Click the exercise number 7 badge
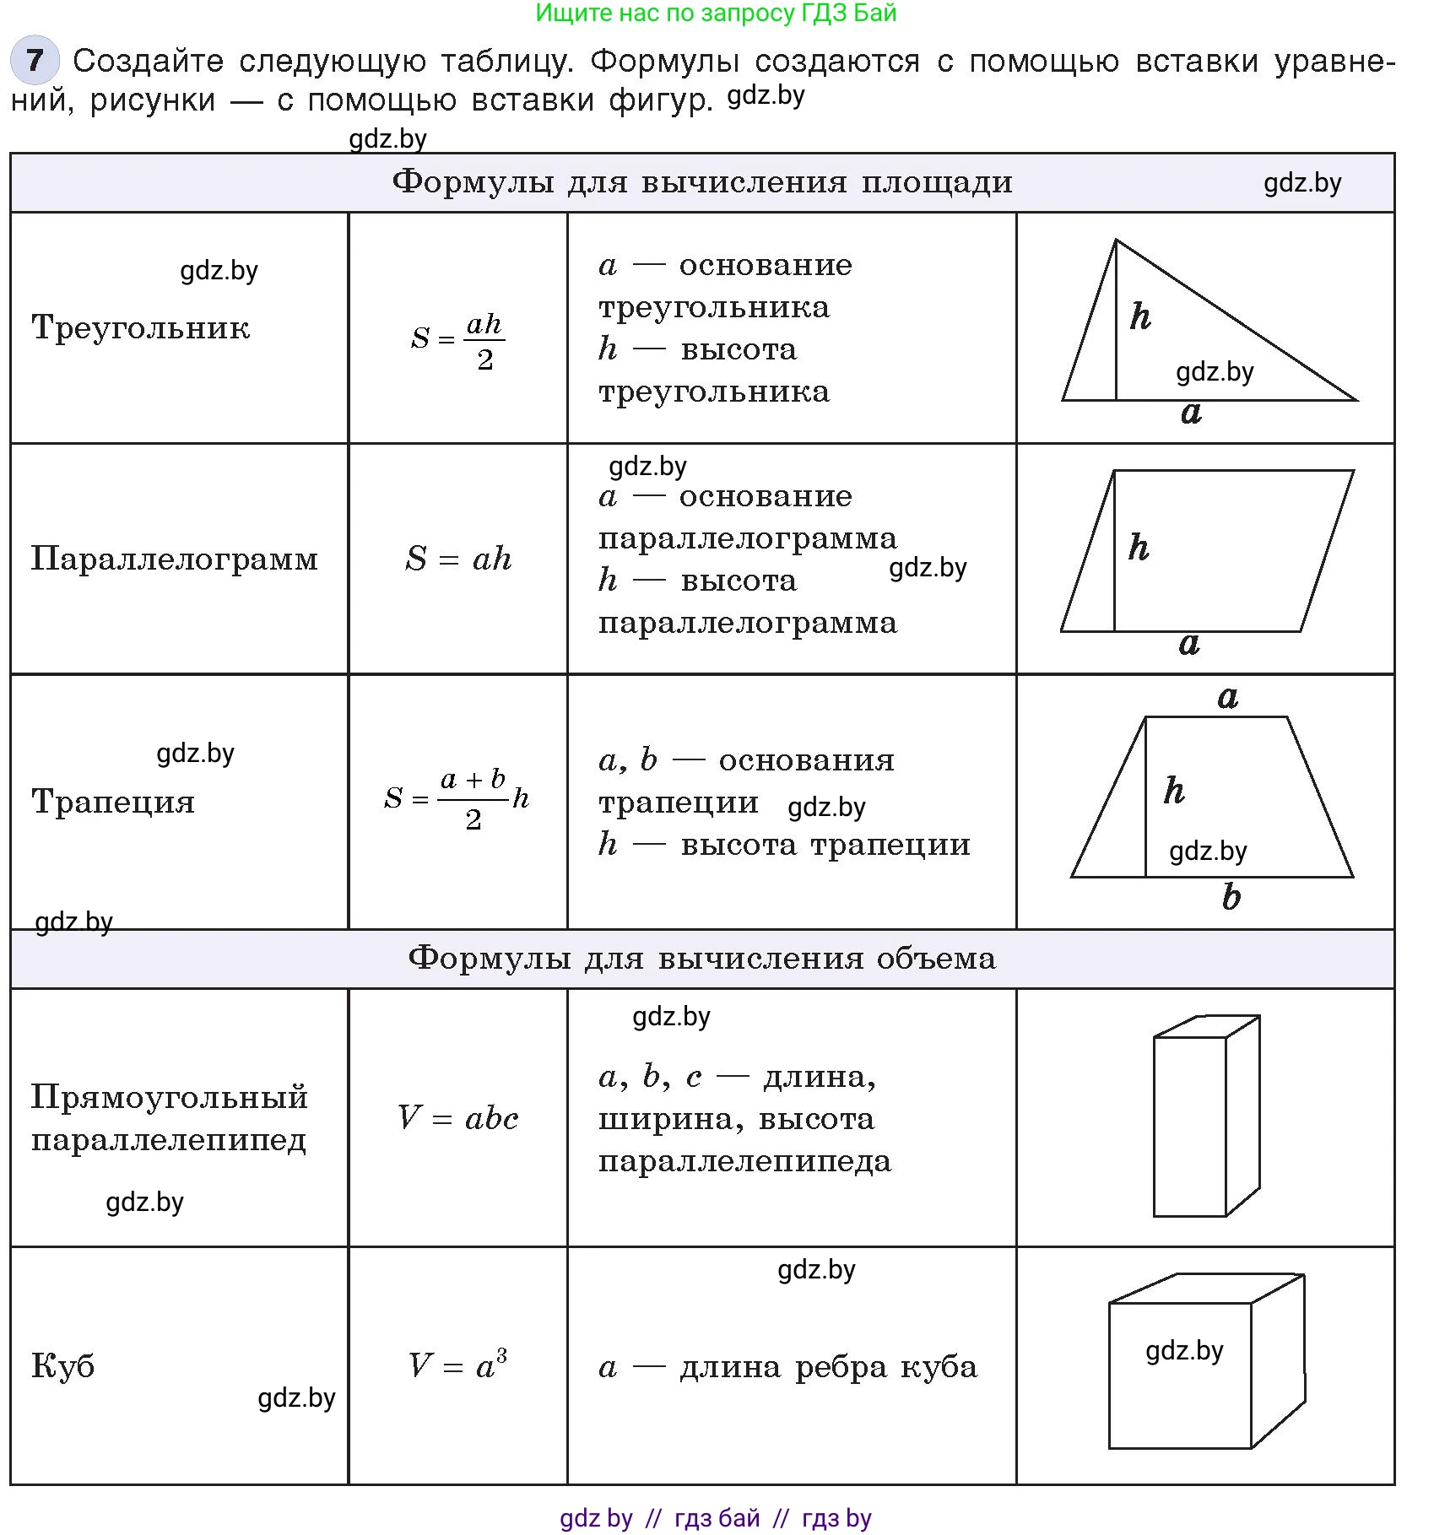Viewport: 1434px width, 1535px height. [x=35, y=61]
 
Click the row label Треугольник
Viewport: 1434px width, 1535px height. [x=141, y=327]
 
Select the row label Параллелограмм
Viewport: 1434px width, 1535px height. [x=175, y=559]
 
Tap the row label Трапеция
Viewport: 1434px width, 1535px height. [x=113, y=802]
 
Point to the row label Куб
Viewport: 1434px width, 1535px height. [x=63, y=1365]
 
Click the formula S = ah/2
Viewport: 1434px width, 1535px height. [x=457, y=339]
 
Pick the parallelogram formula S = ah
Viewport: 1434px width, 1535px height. [x=458, y=559]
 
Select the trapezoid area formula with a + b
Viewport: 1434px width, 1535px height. [x=457, y=798]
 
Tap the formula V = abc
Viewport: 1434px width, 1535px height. [x=457, y=1118]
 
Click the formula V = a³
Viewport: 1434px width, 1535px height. [x=457, y=1364]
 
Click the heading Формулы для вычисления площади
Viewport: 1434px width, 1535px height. [x=702, y=182]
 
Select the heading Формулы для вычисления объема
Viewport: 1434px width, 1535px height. [x=702, y=959]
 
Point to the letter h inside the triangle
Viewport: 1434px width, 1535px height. [x=1140, y=316]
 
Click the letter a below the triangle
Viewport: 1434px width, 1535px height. [x=1191, y=413]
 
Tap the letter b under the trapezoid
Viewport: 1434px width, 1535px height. [x=1231, y=897]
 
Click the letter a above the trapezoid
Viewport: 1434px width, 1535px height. [x=1228, y=697]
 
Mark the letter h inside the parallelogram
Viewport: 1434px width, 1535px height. [x=1139, y=548]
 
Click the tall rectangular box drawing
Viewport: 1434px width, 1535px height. [x=1205, y=1116]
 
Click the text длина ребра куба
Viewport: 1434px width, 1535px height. [x=828, y=1367]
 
